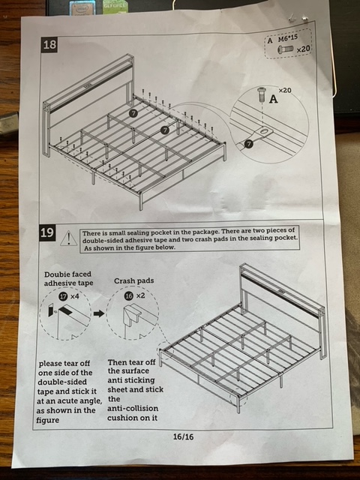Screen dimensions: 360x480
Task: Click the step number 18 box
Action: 49,45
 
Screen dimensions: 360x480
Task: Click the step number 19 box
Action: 46,232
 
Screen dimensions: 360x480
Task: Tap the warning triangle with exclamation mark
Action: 69,238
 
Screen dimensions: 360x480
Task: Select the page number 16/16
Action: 183,436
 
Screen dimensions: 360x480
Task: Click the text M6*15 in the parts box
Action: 288,38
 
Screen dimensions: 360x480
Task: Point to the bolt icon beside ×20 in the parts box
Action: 285,49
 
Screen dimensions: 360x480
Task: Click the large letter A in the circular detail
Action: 273,99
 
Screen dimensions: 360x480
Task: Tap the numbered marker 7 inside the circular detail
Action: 248,143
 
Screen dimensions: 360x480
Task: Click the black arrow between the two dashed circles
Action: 98,313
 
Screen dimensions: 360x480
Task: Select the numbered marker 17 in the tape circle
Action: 63,296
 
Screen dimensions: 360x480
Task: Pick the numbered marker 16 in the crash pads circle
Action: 129,295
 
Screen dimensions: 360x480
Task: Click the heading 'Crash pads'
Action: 133,280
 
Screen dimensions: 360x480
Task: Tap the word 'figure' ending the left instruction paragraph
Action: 47,420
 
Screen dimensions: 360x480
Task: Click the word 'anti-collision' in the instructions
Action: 133,408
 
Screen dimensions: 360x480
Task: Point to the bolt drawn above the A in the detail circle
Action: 262,94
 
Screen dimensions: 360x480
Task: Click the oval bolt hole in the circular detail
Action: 265,132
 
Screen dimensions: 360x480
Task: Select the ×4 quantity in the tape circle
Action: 75,296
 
